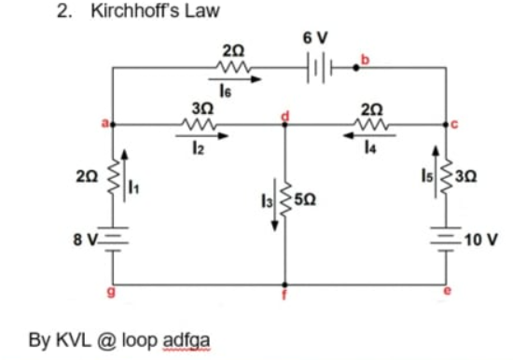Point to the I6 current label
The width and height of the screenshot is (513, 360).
pyautogui.click(x=225, y=91)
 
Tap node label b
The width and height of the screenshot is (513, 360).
pyautogui.click(x=367, y=62)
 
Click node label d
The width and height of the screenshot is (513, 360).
pyautogui.click(x=286, y=115)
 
